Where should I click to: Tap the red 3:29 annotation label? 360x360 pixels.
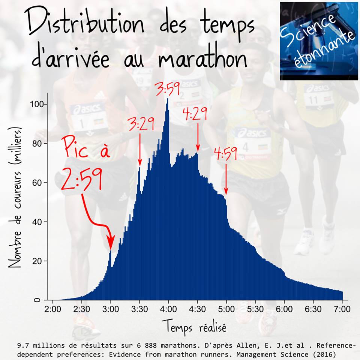[x=141, y=124]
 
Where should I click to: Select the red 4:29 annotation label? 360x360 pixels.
[x=195, y=114]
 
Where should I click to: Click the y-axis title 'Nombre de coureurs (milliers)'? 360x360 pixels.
[x=15, y=197]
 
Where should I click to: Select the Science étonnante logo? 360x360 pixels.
[x=319, y=40]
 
